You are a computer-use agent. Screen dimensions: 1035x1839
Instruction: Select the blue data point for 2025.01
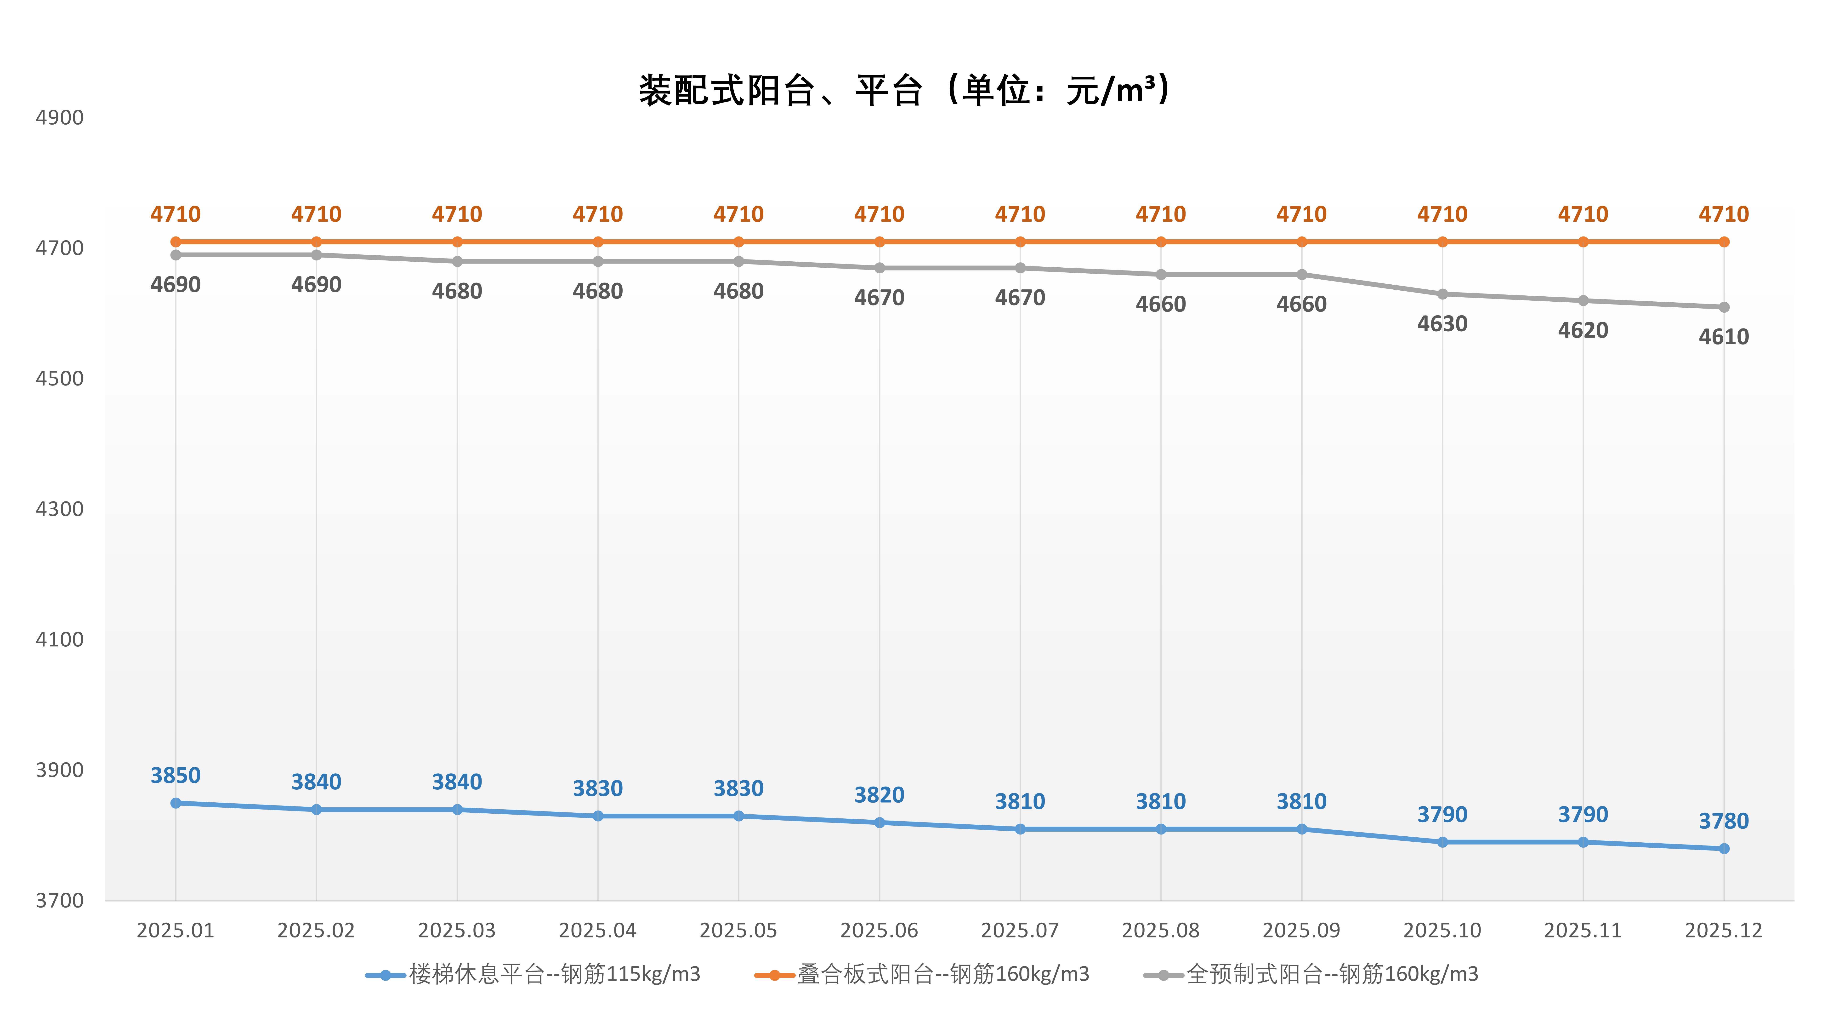(x=176, y=803)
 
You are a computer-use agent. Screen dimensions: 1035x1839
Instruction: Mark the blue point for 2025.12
(x=1723, y=849)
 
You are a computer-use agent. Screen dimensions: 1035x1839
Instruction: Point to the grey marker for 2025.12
(x=1723, y=307)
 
